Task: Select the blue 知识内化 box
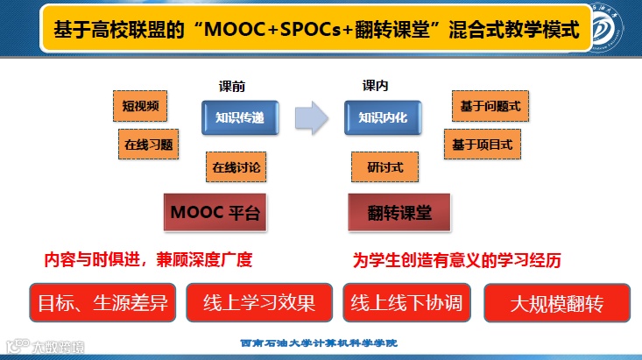[383, 116]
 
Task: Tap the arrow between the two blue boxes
[310, 116]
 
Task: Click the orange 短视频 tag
[140, 107]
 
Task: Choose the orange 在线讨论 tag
[236, 165]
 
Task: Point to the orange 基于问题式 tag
[490, 106]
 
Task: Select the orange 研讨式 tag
[384, 164]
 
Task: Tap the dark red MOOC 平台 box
[215, 212]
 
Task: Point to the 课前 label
[231, 87]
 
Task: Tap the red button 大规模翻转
[557, 303]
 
